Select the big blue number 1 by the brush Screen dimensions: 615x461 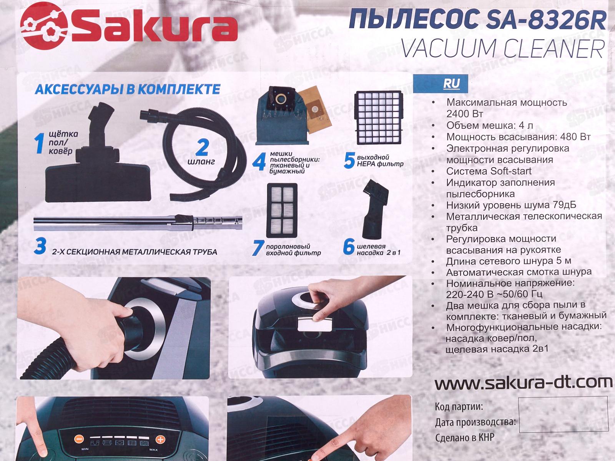[40, 143]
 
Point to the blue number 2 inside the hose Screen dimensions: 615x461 [202, 147]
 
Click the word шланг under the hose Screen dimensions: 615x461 [201, 162]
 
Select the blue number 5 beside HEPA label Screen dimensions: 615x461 [349, 160]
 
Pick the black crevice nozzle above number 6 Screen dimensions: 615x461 [375, 209]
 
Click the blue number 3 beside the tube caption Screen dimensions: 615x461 [40, 246]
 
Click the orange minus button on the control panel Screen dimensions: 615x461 [79, 439]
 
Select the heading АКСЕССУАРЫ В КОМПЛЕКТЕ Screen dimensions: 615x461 [128, 89]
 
